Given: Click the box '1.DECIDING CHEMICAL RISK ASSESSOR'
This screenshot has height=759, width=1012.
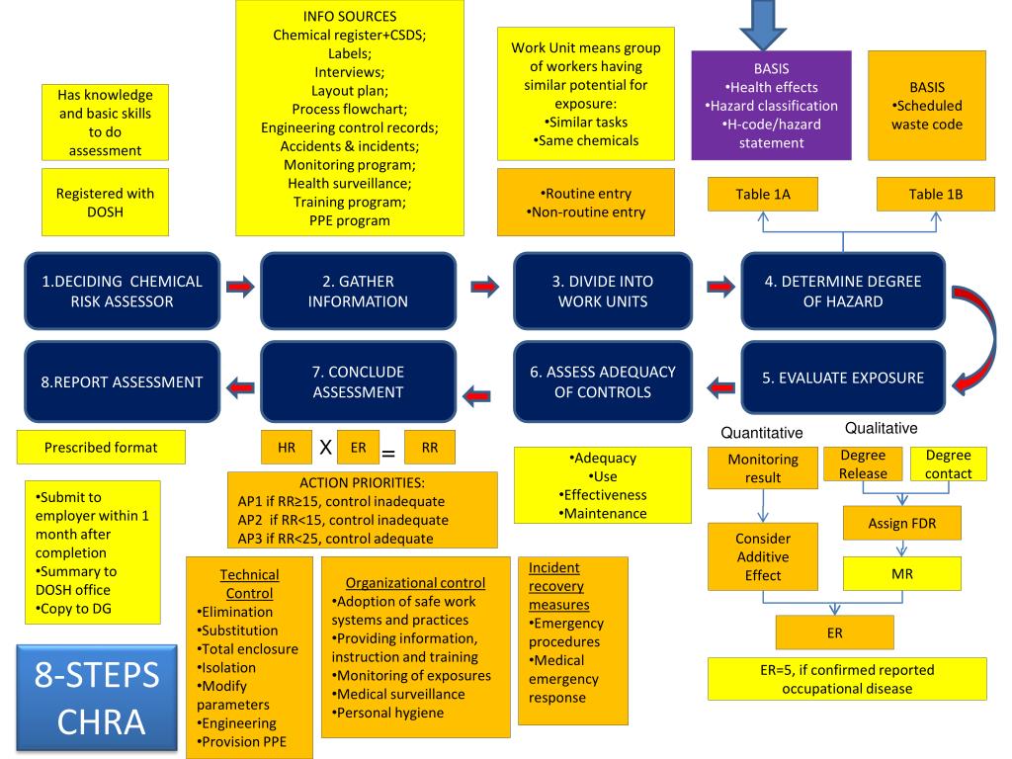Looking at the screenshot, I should [x=122, y=292].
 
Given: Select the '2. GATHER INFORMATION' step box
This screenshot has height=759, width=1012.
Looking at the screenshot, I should [x=358, y=292].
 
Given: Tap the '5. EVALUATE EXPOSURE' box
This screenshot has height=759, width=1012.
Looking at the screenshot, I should [x=842, y=378].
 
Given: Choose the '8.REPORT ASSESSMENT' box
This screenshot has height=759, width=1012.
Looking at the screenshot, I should [x=122, y=381].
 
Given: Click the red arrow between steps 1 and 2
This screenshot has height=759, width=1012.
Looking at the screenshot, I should [x=240, y=288].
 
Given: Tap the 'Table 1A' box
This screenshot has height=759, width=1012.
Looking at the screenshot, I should [x=763, y=195].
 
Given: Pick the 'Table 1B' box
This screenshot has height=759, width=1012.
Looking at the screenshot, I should [x=935, y=195].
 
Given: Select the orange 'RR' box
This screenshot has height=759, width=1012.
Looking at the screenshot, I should [x=430, y=448].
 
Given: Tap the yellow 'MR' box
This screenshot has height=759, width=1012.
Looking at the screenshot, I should [x=901, y=573].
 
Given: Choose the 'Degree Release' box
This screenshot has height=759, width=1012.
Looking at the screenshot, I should [x=862, y=464].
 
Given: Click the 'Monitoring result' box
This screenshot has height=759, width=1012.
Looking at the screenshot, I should [x=762, y=468].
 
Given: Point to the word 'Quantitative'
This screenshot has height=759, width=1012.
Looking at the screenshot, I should [x=762, y=433].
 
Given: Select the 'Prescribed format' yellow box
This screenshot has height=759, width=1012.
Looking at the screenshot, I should [x=101, y=448].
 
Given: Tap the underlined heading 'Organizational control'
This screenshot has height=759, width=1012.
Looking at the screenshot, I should [x=415, y=583].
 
